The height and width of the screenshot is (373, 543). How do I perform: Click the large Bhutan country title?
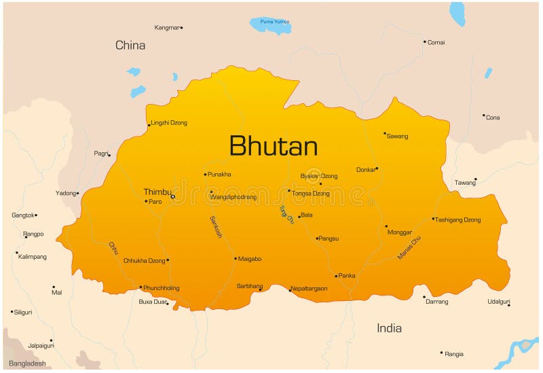point(273,146)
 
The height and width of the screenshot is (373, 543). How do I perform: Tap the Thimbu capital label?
point(157,192)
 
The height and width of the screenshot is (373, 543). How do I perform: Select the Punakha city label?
point(219,175)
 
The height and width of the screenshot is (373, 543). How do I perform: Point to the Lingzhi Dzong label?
point(170,123)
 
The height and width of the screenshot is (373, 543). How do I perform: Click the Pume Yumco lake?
point(271,24)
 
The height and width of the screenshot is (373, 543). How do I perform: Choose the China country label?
point(130,46)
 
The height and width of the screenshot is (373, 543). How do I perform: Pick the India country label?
point(389,328)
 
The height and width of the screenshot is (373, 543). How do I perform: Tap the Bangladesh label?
point(27,363)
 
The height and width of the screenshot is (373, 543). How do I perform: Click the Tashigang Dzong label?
point(458,220)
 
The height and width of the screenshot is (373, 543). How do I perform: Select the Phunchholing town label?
point(162,288)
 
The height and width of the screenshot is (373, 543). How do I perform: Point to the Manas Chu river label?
point(409,248)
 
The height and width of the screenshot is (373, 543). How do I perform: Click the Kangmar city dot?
point(182,28)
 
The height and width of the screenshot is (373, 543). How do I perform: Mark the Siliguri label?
point(24,312)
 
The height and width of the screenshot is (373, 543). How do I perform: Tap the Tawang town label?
point(464,183)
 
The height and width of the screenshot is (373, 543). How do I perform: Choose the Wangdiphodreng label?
point(233,197)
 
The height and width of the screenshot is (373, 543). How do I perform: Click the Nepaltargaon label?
point(310,289)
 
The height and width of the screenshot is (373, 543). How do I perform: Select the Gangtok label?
point(22,215)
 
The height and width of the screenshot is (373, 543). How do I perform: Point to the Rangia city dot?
point(441,353)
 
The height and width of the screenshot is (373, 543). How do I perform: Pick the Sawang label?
point(398,137)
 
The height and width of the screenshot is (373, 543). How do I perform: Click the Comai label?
point(436,42)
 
